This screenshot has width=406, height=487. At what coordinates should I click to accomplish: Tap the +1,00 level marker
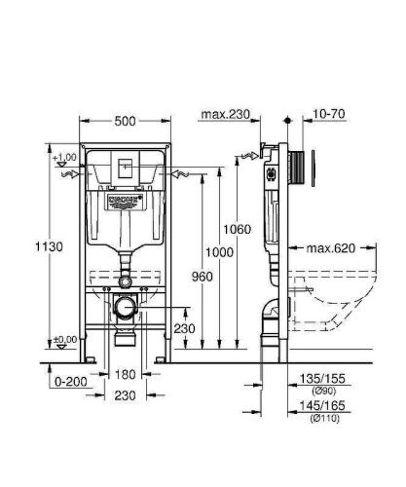[x=65, y=157]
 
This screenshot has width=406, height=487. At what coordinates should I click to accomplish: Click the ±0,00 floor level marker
[x=65, y=338]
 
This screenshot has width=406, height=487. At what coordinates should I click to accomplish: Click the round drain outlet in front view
[x=124, y=310]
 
